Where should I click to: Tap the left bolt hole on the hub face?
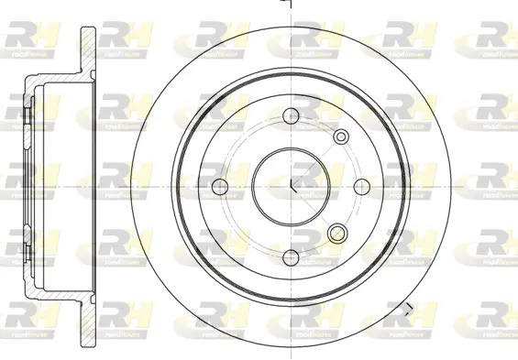(220, 186)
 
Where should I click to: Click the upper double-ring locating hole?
(341, 137)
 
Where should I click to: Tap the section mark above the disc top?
(287, 5)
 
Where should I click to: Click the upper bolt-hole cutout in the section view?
(28, 115)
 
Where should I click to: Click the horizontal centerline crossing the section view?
(55, 186)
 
